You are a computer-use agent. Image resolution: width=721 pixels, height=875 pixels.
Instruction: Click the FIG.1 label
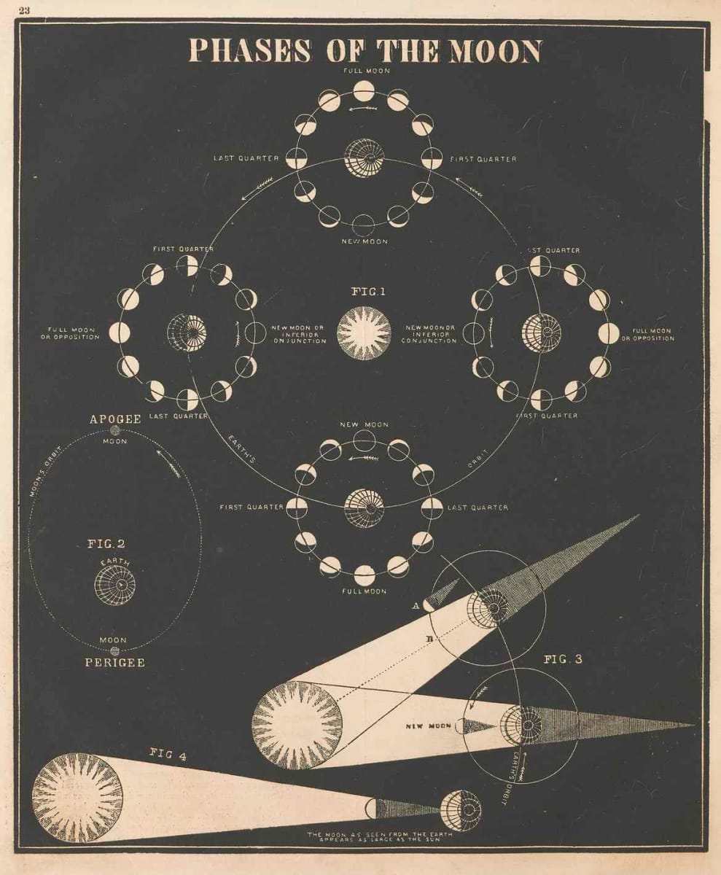368,292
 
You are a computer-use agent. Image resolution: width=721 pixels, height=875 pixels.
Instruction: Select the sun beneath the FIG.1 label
364,333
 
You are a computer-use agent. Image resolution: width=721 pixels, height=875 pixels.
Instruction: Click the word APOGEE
114,420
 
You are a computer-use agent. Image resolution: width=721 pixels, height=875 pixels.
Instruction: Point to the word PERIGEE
116,662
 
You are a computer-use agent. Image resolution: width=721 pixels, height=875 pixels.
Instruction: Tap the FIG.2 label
106,543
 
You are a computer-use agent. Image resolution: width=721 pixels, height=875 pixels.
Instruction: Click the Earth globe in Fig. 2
115,583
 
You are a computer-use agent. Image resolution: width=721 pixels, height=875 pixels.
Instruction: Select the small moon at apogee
115,431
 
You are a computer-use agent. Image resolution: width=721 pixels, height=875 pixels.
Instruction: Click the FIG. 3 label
563,660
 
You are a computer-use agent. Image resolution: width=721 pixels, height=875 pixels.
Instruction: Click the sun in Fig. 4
77,798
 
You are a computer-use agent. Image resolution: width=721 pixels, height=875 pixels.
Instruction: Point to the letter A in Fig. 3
415,604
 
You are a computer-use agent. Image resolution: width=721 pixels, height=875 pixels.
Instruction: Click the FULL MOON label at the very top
364,71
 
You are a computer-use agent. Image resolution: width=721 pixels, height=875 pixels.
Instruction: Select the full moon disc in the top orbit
364,91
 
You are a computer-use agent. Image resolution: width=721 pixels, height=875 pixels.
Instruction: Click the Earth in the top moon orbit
364,157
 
